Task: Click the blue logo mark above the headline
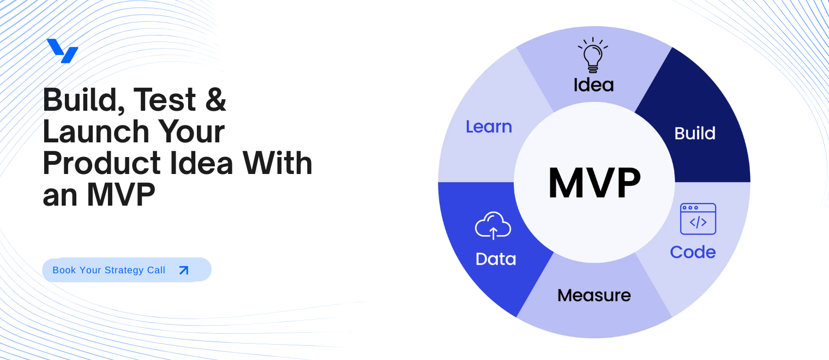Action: coord(62,51)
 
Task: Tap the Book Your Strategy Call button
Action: coord(127,270)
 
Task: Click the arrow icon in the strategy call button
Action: coord(184,270)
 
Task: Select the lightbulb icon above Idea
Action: coord(593,55)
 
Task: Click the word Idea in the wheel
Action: coord(593,85)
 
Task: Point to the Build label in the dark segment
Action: coord(695,134)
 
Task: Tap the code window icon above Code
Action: coord(698,219)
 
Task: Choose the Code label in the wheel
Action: coord(693,252)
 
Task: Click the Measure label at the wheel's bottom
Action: coord(594,296)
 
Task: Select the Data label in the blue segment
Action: coord(495,259)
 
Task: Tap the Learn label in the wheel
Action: coord(489,127)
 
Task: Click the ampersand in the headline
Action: coord(216,100)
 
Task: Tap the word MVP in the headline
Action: coord(121,195)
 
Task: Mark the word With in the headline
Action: coord(278,163)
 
